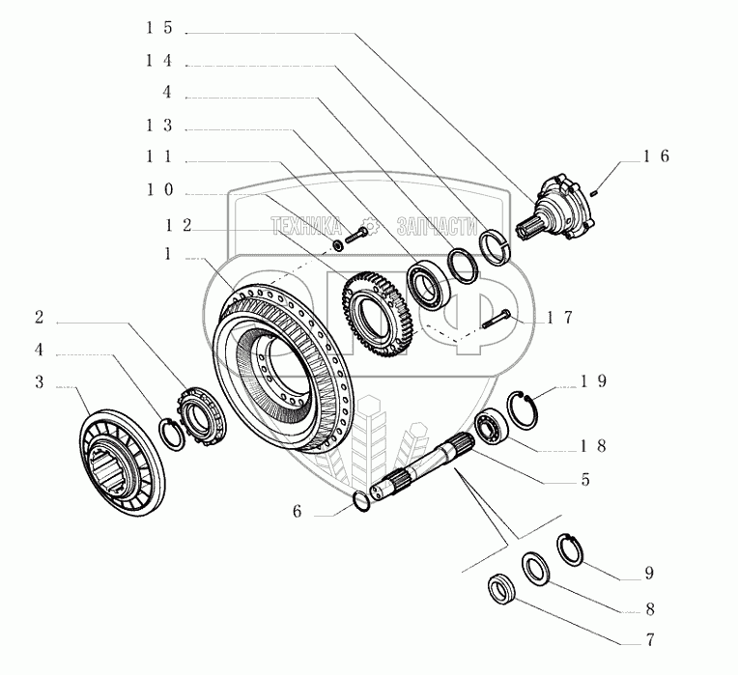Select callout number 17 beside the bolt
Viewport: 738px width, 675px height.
(x=560, y=317)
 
